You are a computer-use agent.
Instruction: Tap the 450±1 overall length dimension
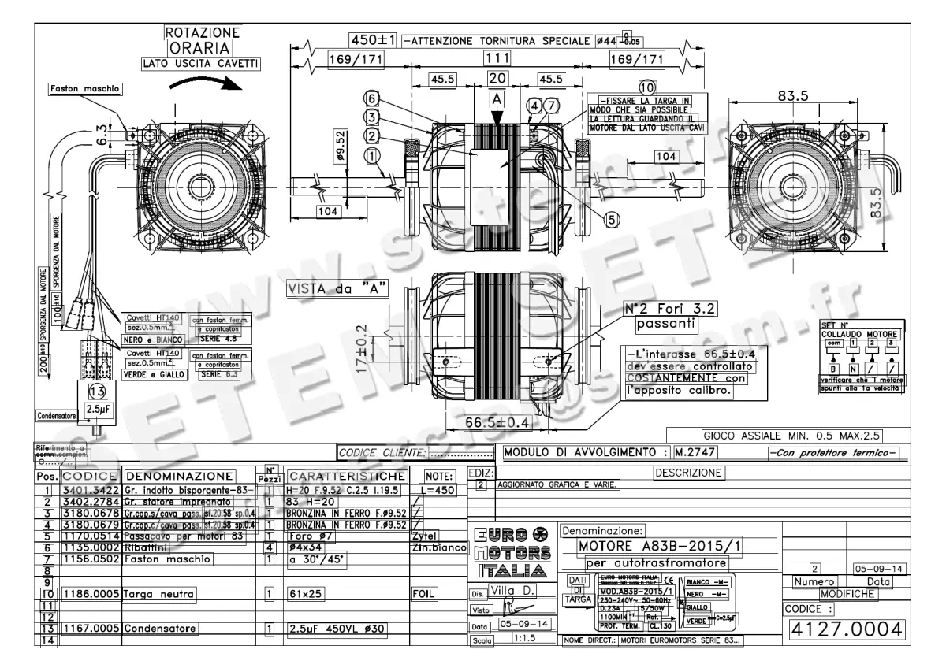[374, 39]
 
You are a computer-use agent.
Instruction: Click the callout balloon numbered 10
[646, 87]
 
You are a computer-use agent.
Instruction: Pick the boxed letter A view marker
[496, 101]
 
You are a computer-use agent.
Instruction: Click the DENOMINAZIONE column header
[180, 476]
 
